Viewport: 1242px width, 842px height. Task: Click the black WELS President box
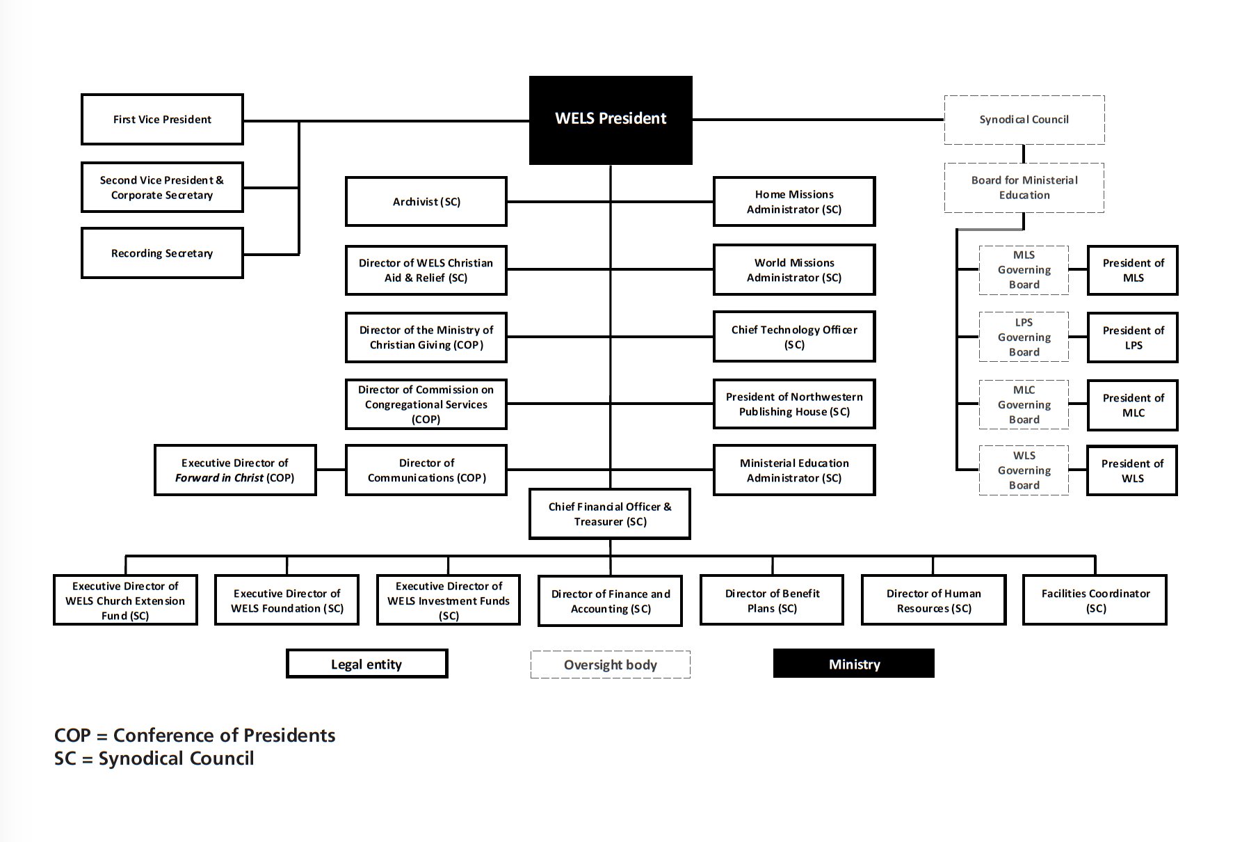pos(611,120)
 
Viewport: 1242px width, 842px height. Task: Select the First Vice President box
pos(162,120)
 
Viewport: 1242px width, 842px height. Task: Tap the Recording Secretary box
pos(162,253)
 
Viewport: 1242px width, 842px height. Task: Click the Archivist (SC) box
pos(426,202)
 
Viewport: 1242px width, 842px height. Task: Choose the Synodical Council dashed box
pos(1024,120)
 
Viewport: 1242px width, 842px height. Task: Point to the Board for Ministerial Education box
pos(1024,188)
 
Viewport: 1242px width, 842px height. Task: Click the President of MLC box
pos(1132,405)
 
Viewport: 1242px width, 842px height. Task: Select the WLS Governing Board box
pos(1024,470)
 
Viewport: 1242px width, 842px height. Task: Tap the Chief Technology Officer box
pos(794,337)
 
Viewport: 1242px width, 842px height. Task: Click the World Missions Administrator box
pos(794,270)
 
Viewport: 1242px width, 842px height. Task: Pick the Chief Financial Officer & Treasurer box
pos(610,514)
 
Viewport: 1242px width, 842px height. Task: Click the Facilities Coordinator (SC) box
pos(1095,601)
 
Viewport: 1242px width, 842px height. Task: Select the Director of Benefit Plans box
pos(772,601)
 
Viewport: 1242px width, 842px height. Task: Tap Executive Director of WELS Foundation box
pos(287,601)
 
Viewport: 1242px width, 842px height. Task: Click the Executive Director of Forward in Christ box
pos(235,470)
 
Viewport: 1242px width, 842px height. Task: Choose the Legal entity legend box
pos(366,664)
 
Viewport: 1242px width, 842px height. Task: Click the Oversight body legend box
pos(610,665)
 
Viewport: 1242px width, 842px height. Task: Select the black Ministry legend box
pos(853,664)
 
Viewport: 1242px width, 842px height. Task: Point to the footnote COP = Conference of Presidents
pos(195,736)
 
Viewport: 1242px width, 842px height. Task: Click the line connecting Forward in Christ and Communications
pos(331,470)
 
